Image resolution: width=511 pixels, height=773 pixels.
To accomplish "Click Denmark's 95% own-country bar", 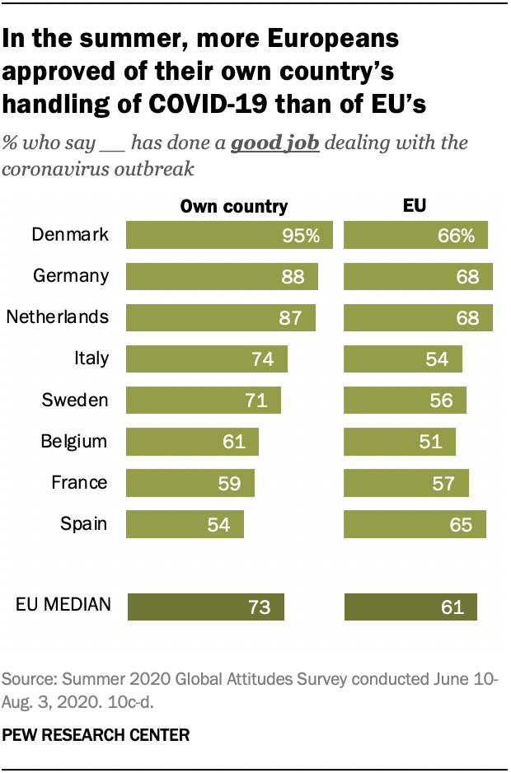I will (x=228, y=235).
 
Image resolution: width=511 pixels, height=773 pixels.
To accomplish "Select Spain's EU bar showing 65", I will (x=415, y=524).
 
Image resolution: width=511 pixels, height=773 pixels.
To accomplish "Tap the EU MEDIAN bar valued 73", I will (x=206, y=607).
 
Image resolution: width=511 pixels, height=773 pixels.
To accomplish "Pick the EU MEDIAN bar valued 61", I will (x=410, y=607).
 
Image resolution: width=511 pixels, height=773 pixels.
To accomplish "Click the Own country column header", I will (x=234, y=207).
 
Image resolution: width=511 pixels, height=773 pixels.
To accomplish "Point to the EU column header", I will (x=415, y=207).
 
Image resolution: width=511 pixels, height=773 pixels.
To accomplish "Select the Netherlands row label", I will (x=57, y=317).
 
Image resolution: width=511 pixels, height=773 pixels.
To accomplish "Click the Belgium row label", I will (x=74, y=441).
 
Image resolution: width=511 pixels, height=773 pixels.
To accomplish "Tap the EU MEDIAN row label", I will (x=63, y=605).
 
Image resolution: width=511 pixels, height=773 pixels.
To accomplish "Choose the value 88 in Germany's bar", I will (x=293, y=277).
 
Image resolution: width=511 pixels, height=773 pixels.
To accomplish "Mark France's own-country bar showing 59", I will (x=190, y=483).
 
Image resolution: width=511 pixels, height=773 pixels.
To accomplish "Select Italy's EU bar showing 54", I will (x=403, y=359).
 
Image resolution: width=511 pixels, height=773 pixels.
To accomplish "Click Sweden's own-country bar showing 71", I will (x=204, y=401).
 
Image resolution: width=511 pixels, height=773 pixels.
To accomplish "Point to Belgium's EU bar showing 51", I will (x=400, y=442).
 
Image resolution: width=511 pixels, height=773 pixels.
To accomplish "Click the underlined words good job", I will (x=274, y=143).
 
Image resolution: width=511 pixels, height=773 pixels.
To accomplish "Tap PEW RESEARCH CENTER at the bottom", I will (x=96, y=733).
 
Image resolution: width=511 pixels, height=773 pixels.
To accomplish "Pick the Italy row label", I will (x=91, y=358).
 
